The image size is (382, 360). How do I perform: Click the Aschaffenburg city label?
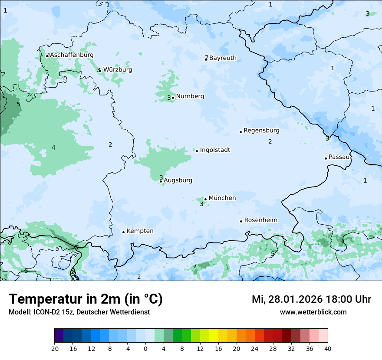[72, 55]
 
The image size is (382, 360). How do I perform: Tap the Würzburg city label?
[118, 70]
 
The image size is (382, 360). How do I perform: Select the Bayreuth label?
[223, 58]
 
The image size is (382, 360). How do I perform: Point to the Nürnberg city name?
[190, 96]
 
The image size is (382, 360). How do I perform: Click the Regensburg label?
[261, 131]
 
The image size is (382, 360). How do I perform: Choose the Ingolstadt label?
[215, 150]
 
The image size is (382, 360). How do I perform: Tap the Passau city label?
[339, 157]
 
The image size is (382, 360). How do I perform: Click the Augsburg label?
[178, 180]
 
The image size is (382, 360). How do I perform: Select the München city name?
[222, 198]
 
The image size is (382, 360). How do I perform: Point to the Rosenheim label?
[260, 220]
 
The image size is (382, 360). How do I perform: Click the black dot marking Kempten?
[123, 232]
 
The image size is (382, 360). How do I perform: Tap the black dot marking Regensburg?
[240, 132]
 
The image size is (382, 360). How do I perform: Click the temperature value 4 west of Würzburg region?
[53, 148]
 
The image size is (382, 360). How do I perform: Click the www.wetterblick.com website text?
[313, 312]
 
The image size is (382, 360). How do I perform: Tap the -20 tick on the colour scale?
[54, 348]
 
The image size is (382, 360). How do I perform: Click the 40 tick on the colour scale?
[328, 348]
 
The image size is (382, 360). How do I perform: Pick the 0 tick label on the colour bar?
[145, 348]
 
